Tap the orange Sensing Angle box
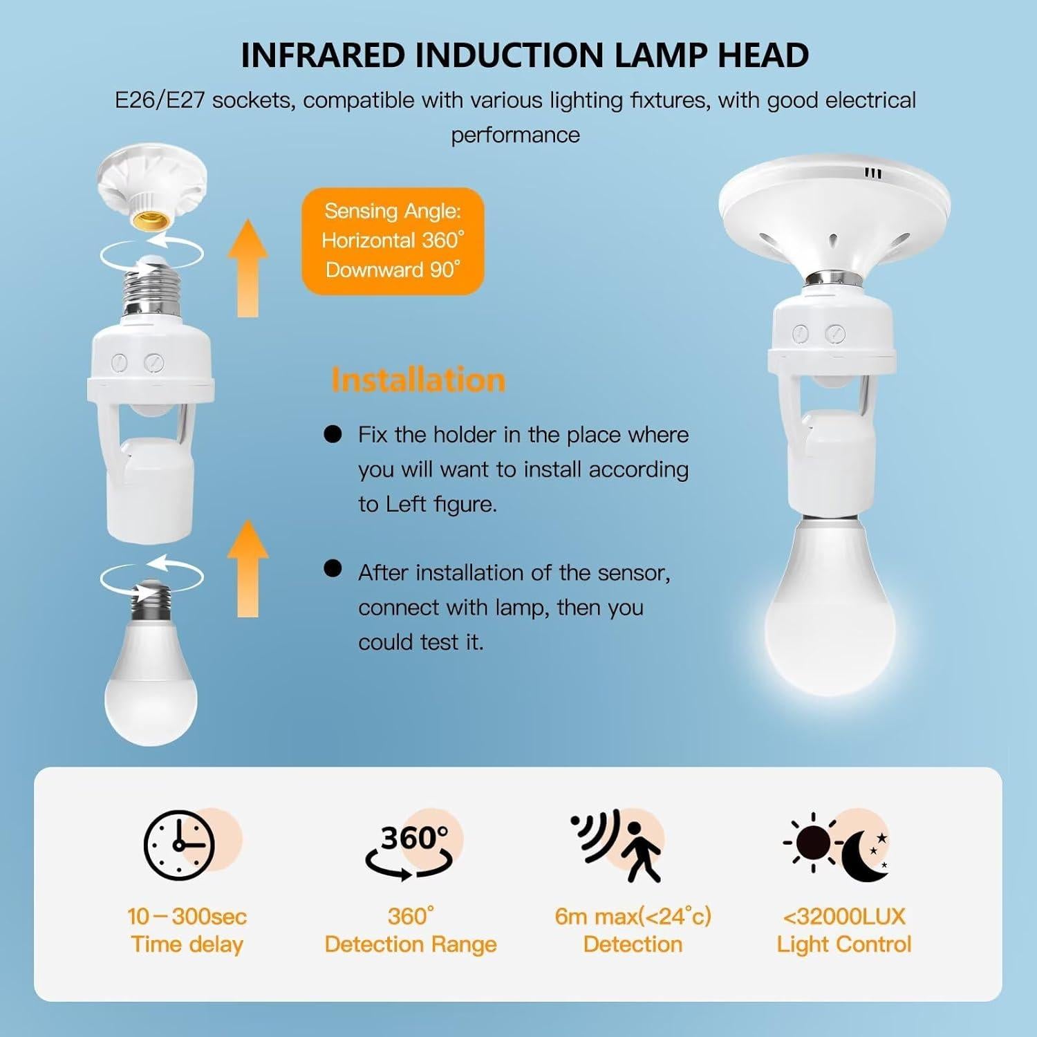click(x=393, y=241)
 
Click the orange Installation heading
click(x=418, y=380)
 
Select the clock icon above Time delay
click(x=180, y=845)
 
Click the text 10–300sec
click(x=187, y=917)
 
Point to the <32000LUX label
click(x=843, y=917)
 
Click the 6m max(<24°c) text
click(x=633, y=917)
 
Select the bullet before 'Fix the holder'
click(x=333, y=434)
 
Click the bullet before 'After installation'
click(x=333, y=568)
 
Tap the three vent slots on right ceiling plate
click(x=874, y=174)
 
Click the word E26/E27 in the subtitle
click(x=160, y=101)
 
